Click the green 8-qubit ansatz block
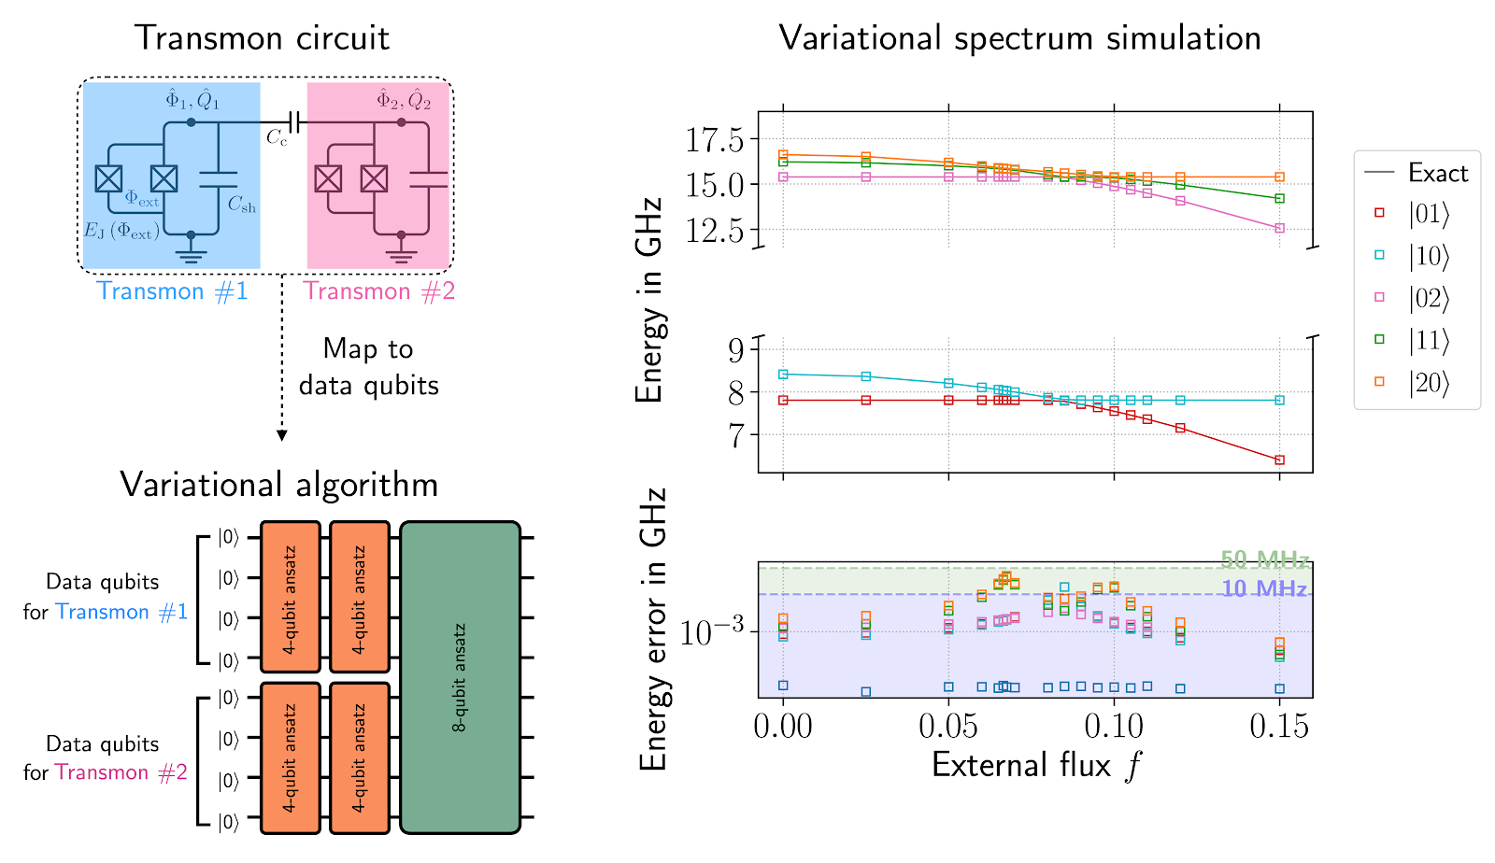460,677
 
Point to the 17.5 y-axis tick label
715,140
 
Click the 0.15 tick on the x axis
1279,726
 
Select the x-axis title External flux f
1035,766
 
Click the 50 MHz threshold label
1263,559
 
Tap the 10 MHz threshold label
1263,588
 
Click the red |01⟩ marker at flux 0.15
1279,460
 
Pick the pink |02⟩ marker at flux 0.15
1279,228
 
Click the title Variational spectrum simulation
1019,38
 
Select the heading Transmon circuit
262,38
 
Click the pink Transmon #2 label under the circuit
378,291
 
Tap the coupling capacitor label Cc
277,138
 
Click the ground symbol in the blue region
191,254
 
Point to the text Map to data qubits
368,367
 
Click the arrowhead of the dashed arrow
281,435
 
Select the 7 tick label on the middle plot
736,435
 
